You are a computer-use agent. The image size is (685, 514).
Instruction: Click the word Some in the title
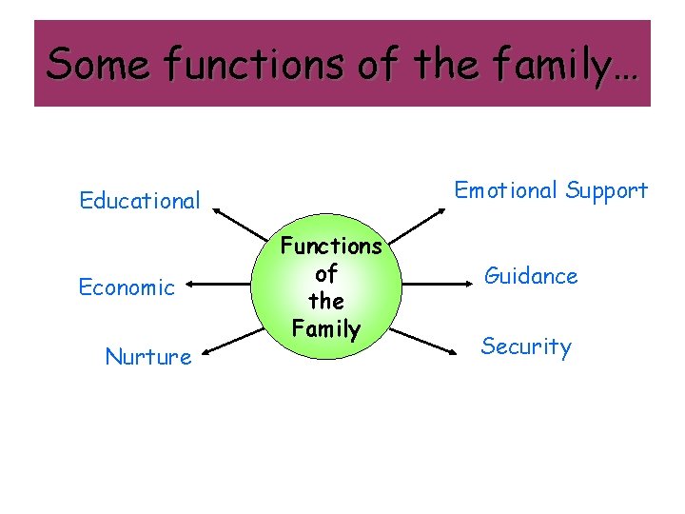tap(97, 64)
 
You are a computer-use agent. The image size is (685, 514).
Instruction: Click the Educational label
tap(140, 201)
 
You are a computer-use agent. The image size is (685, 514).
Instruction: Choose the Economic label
tap(127, 287)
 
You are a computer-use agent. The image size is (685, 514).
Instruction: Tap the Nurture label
tap(148, 357)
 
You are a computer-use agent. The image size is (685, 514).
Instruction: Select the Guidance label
tap(531, 276)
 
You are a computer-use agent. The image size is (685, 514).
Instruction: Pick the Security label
tap(526, 346)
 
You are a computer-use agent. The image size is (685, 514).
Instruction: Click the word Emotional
tap(506, 190)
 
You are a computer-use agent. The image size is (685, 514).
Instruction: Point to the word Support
tap(606, 190)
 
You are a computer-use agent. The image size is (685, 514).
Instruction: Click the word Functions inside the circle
tap(330, 247)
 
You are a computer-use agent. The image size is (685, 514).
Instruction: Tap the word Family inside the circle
tap(326, 329)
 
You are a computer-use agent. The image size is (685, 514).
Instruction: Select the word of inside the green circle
tap(326, 274)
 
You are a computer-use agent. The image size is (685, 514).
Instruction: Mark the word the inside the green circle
tap(326, 302)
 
